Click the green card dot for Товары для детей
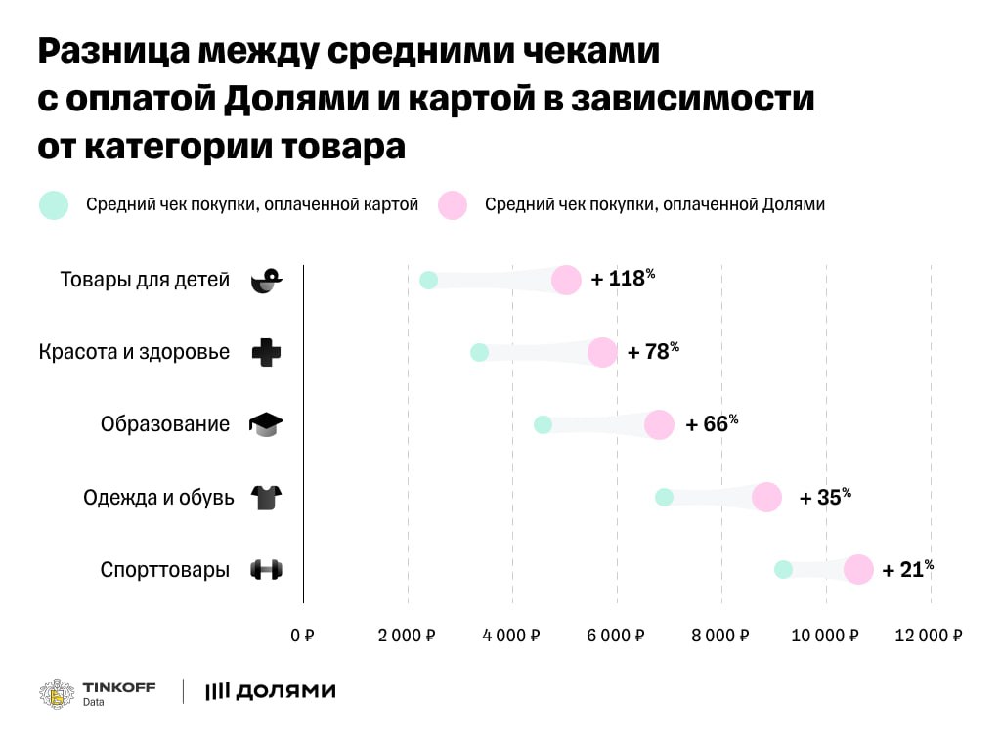tap(428, 281)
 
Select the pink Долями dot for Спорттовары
tap(858, 569)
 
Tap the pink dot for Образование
tap(660, 424)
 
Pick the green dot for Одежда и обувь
tap(664, 497)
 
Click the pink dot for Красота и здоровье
tap(603, 352)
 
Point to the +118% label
tap(623, 279)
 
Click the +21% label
tap(907, 569)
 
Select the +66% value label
tap(712, 424)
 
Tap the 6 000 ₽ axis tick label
tap(617, 636)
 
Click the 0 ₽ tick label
tap(302, 636)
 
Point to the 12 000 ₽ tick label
tap(930, 636)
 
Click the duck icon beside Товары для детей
tap(266, 281)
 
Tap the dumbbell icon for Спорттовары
tap(266, 569)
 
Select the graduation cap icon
tap(266, 424)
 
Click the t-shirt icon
tap(266, 498)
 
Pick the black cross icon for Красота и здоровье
tap(266, 352)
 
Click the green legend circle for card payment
tap(53, 205)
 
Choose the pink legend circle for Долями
tap(453, 205)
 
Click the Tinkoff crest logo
tap(57, 692)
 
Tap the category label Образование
tap(165, 424)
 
